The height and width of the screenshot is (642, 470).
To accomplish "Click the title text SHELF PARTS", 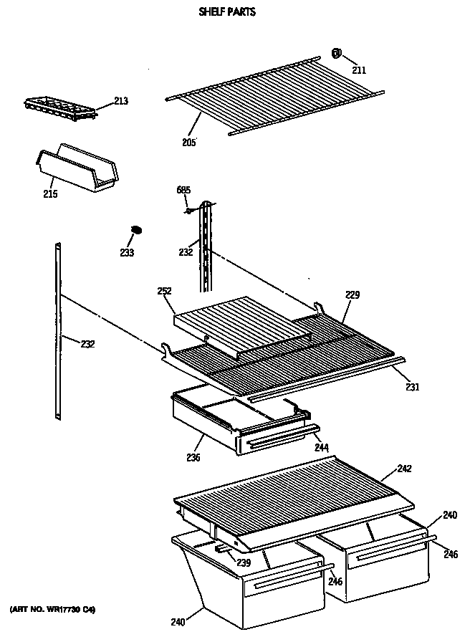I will pos(226,12).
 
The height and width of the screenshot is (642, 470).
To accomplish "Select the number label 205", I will pos(189,141).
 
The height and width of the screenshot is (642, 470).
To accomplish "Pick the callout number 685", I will pos(183,191).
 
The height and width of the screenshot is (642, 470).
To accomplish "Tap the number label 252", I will pos(164,291).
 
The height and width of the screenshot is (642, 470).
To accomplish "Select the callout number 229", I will pos(352,294).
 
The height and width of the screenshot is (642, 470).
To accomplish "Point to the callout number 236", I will pos(193,457).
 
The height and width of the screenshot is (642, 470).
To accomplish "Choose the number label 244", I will pos(322,448).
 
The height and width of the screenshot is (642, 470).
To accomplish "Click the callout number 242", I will pos(405,469).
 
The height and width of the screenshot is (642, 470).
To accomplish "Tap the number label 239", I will pos(244,563).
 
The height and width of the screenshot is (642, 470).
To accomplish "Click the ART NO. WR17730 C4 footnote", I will pos(52,610).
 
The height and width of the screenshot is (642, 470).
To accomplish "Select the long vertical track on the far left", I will pos(58,330).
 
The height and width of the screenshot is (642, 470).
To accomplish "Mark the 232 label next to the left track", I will pos(87,344).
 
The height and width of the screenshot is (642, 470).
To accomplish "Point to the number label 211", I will pos(359,70).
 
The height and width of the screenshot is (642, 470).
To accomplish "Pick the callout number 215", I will pos(50,194).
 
